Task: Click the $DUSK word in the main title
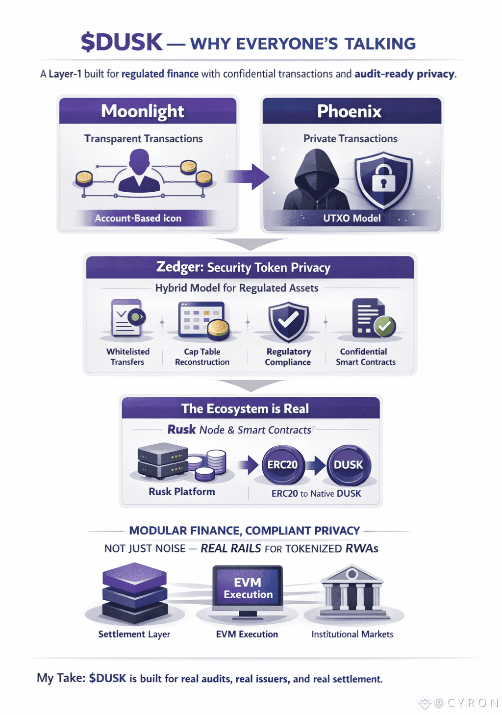[x=121, y=42]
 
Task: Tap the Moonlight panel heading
[x=143, y=111]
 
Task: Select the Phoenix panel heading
[x=349, y=111]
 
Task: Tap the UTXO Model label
[x=351, y=218]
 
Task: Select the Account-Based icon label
[x=138, y=218]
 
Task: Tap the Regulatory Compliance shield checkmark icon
[x=288, y=321]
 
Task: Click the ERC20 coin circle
[x=283, y=464]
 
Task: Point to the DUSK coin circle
[x=349, y=464]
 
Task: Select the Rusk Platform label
[x=181, y=491]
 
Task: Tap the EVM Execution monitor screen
[x=248, y=588]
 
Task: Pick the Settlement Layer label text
[x=134, y=634]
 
